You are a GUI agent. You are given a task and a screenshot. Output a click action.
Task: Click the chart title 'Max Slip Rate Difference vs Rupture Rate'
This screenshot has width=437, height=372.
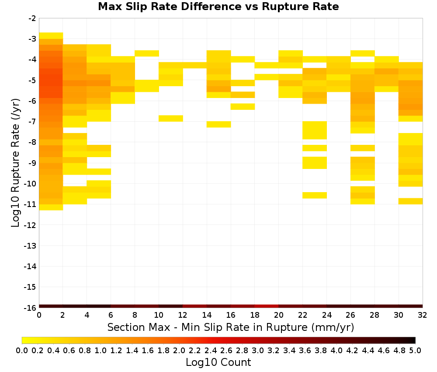(218, 7)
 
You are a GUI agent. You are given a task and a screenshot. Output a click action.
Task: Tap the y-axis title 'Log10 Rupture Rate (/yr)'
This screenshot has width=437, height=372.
(15, 163)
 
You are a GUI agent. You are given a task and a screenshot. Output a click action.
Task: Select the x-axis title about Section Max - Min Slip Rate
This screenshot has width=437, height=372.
(230, 327)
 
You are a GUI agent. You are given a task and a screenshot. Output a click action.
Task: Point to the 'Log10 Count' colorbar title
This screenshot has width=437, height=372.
(218, 362)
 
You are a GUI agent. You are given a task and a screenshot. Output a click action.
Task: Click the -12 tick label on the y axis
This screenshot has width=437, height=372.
(30, 225)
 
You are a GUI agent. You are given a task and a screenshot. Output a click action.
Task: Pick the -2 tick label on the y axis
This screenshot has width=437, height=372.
(32, 18)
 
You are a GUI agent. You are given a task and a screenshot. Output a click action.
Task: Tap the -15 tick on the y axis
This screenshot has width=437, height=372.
(30, 287)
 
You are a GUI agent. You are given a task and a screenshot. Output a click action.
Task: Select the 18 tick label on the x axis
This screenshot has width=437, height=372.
(255, 315)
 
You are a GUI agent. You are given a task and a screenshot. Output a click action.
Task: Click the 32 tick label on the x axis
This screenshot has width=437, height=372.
(423, 315)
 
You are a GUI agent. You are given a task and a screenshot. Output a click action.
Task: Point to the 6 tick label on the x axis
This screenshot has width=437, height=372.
(111, 315)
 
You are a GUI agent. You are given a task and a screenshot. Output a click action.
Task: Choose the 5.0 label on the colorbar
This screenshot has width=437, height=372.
(415, 350)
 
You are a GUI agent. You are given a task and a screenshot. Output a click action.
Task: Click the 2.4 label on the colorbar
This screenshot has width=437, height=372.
(211, 350)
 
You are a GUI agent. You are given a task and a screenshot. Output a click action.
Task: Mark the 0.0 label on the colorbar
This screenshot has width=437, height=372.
(22, 350)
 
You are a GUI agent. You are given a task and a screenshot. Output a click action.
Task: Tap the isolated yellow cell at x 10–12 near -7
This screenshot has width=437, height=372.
(171, 118)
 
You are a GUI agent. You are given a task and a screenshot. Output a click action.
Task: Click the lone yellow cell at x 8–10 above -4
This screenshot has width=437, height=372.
(147, 53)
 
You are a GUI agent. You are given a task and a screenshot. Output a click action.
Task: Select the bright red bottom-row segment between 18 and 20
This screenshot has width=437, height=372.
(267, 306)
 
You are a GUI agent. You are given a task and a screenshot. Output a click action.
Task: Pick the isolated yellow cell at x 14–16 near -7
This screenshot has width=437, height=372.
(219, 124)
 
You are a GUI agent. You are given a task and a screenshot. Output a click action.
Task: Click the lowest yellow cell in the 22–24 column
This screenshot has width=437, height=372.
(315, 195)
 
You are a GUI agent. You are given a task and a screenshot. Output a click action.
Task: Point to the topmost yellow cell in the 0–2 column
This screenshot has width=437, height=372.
(51, 36)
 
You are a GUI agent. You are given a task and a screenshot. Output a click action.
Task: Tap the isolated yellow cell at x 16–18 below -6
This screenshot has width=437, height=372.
(243, 107)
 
